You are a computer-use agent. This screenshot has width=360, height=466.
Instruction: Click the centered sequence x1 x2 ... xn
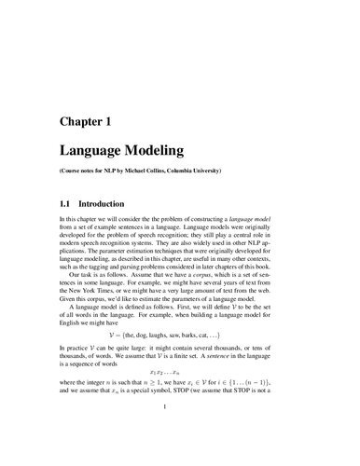pyautogui.click(x=180, y=372)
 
